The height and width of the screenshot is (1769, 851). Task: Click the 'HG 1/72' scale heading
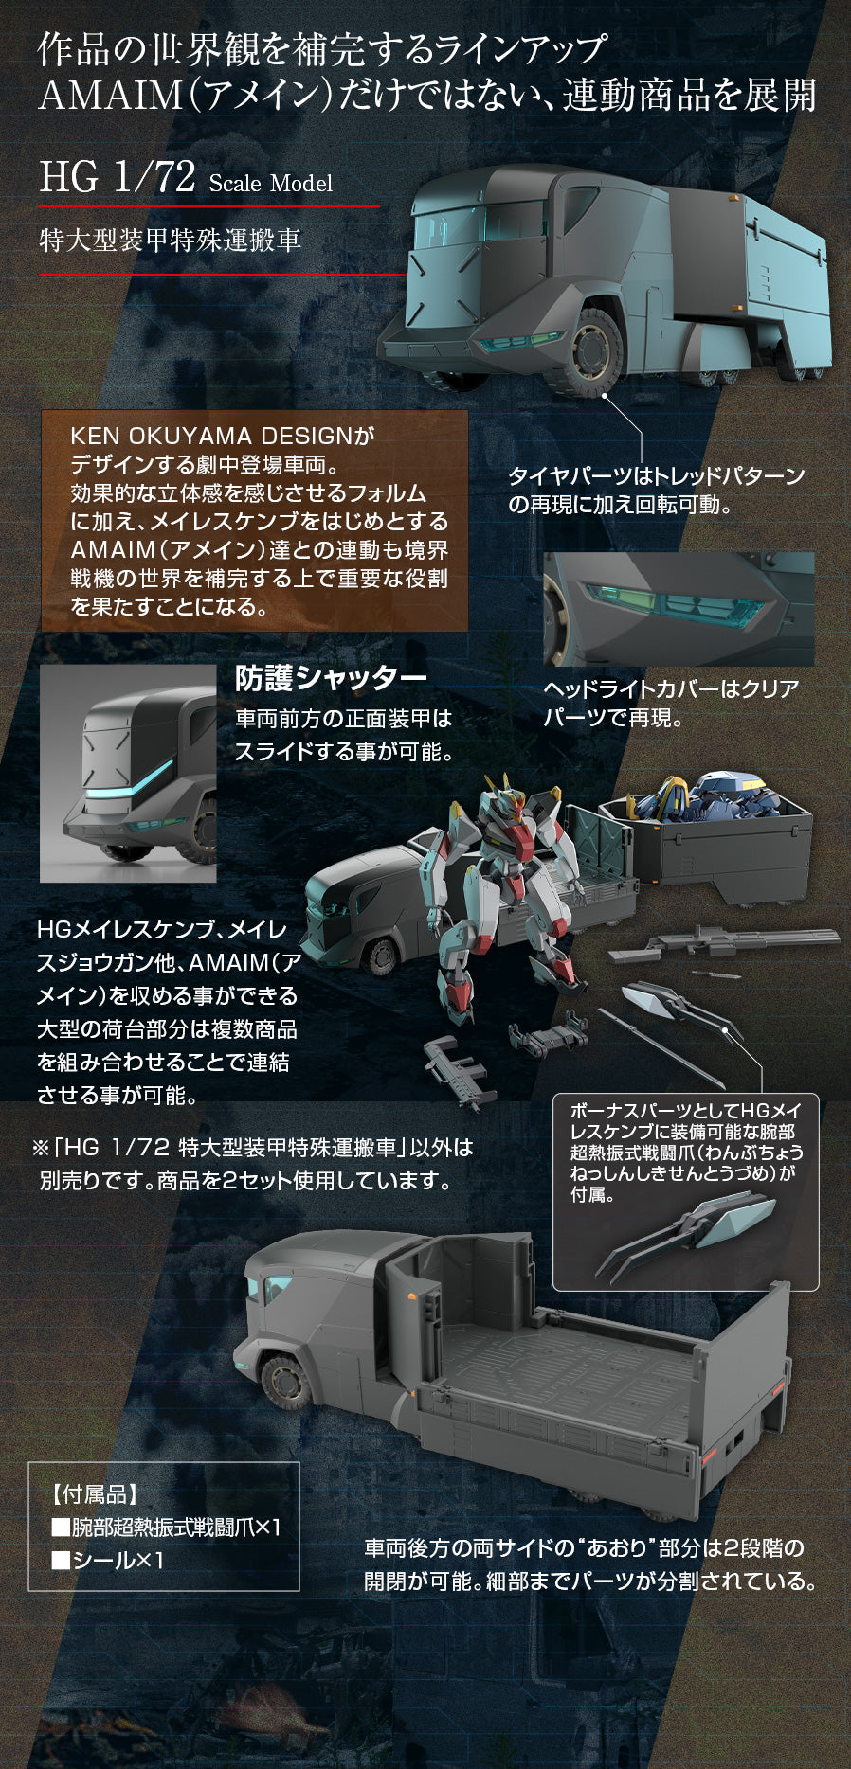(118, 177)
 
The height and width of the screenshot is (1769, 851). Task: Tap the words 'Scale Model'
(271, 183)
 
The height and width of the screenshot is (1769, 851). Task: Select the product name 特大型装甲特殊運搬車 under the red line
(171, 240)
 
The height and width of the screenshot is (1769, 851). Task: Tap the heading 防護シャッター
(331, 678)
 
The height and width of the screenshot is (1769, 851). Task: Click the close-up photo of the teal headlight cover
(679, 609)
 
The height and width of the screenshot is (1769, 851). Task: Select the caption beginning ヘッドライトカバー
(671, 704)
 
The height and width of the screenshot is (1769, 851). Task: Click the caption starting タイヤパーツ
(657, 490)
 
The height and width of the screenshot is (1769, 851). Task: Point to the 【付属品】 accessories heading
(94, 1494)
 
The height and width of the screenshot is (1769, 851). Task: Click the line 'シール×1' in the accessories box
(108, 1560)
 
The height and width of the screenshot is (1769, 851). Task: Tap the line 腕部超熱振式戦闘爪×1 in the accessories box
(166, 1528)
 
